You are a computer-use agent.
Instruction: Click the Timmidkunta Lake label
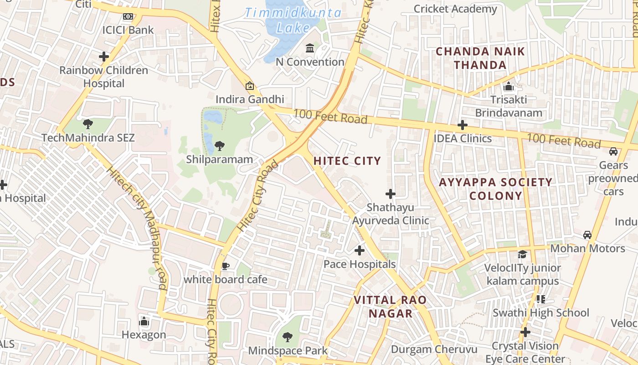293,20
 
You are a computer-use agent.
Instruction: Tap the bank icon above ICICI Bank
128,16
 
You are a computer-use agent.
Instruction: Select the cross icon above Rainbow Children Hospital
104,57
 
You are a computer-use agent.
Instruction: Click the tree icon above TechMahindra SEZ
88,124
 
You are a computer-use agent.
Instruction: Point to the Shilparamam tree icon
219,146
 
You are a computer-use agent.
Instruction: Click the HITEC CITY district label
347,161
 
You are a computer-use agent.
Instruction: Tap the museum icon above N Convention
310,48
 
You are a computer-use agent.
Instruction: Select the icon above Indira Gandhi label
250,85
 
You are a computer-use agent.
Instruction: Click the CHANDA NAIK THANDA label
480,58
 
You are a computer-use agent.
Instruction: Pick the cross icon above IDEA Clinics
463,125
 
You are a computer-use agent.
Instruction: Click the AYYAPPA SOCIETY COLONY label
495,189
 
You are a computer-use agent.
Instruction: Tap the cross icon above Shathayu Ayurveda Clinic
391,194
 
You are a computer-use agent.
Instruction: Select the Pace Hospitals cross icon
360,250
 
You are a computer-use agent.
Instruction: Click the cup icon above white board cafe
225,266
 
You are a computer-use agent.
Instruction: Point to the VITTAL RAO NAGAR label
391,307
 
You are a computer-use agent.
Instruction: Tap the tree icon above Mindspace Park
288,337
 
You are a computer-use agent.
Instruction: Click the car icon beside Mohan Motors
587,235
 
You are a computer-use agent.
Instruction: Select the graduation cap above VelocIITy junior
522,254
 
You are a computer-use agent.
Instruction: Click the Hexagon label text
144,335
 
